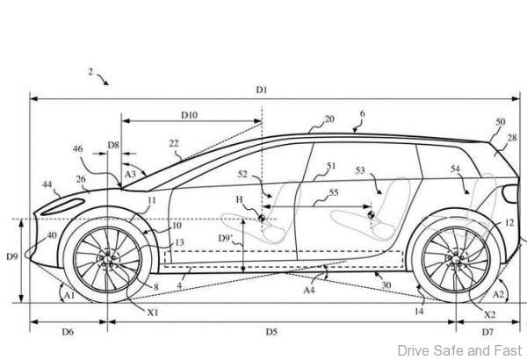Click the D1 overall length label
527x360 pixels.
(x=262, y=90)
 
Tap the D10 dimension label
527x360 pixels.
(x=189, y=115)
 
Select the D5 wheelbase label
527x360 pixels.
(x=271, y=332)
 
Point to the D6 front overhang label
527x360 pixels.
(x=68, y=332)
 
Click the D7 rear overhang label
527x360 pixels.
(x=487, y=332)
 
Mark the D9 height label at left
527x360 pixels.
(x=12, y=256)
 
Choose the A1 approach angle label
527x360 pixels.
(x=69, y=295)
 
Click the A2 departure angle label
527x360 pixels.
(x=498, y=294)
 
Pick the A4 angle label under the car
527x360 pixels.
(x=309, y=290)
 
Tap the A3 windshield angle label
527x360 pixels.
(x=130, y=174)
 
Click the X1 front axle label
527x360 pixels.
(x=153, y=313)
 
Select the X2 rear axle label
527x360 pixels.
(x=490, y=314)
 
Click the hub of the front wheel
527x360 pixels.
(x=107, y=259)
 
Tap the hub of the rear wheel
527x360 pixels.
(x=456, y=259)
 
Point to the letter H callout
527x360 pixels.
(x=239, y=199)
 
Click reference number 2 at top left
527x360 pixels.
(x=90, y=72)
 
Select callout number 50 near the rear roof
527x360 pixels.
(x=501, y=122)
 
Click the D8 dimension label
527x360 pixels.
(x=113, y=145)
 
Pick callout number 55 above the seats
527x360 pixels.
(x=334, y=192)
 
